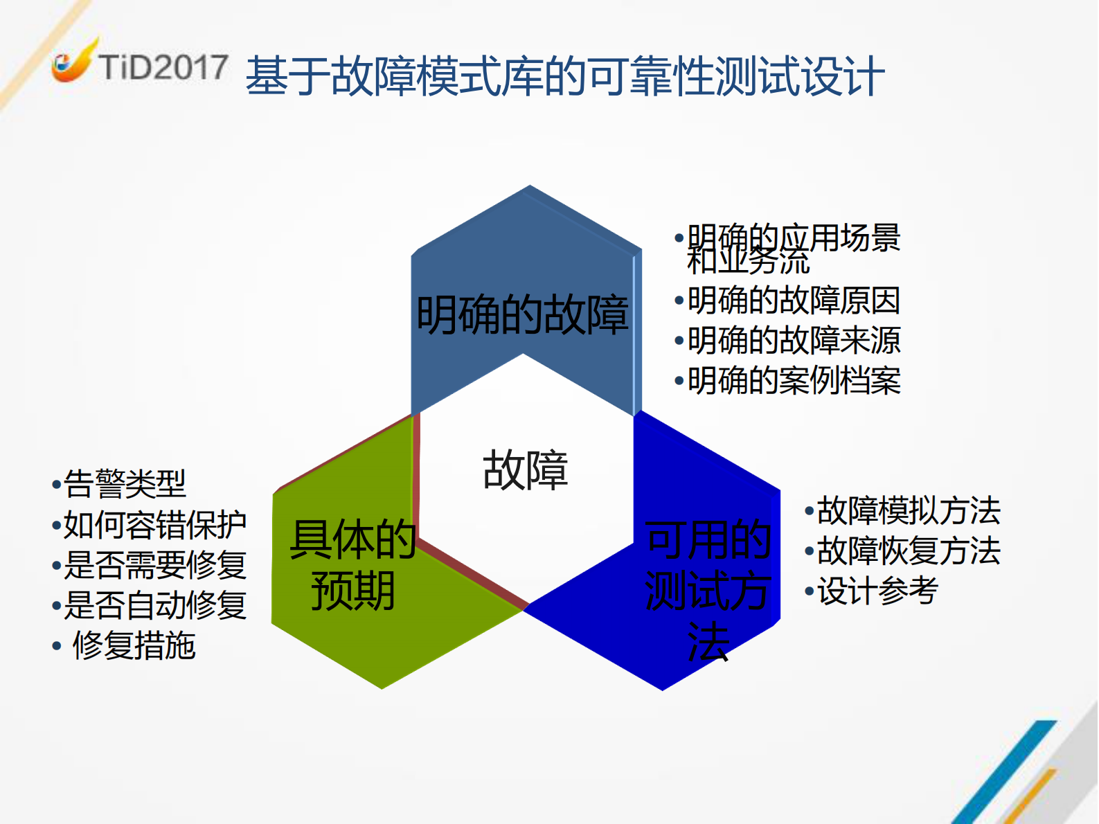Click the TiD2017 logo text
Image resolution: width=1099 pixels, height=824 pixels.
click(163, 68)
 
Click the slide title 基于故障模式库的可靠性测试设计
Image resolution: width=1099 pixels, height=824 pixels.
click(564, 75)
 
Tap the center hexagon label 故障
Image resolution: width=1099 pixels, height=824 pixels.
click(525, 470)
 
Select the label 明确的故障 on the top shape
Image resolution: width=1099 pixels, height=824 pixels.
click(522, 315)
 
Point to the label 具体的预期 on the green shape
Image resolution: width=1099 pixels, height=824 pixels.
click(352, 565)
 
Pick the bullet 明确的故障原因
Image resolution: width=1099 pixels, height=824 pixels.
click(793, 301)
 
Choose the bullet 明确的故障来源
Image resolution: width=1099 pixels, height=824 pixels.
click(793, 341)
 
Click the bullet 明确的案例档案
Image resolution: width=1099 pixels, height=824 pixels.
click(793, 381)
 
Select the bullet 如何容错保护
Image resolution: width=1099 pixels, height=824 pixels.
click(154, 525)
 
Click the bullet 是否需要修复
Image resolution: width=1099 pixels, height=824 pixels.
click(154, 565)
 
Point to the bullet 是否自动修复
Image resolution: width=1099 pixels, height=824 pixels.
click(154, 605)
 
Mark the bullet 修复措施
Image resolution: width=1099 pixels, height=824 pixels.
click(134, 645)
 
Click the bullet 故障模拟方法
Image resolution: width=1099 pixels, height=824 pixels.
click(908, 511)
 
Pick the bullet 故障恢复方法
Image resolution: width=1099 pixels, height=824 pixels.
click(908, 551)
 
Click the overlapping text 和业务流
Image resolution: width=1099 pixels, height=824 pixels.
click(748, 262)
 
